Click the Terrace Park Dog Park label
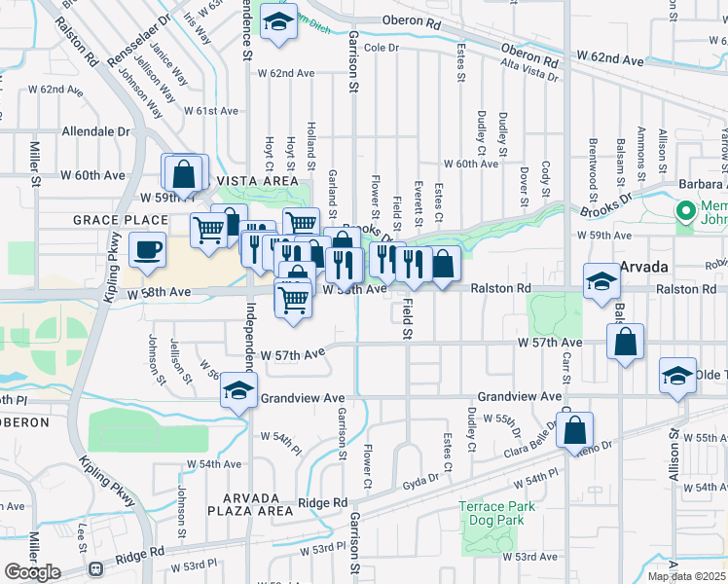[x=496, y=513]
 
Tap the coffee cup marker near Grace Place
[x=147, y=251]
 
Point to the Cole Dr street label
[x=382, y=48]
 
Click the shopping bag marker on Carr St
[x=575, y=429]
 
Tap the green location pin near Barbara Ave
[x=686, y=208]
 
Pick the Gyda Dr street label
[x=422, y=482]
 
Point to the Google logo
[x=32, y=571]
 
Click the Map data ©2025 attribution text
[x=687, y=576]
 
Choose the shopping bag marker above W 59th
[x=184, y=174]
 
